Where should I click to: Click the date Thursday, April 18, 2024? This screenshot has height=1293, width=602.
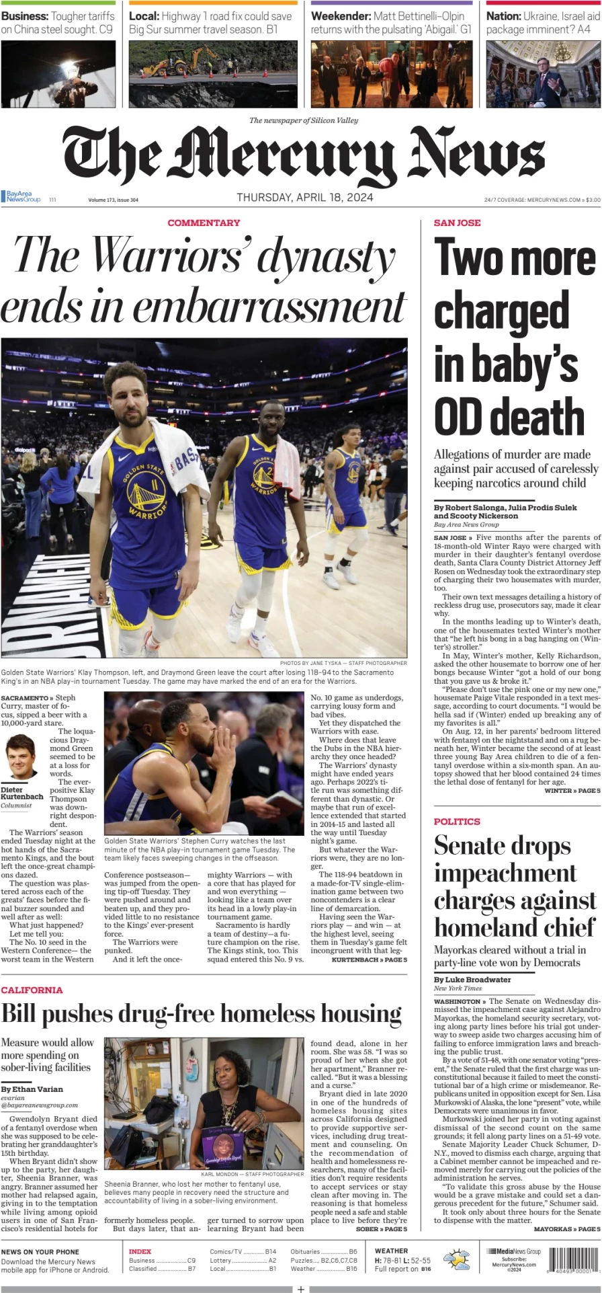pos(304,198)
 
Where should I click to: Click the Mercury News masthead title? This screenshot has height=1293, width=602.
pos(304,156)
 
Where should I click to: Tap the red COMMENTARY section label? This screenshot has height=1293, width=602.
pos(204,223)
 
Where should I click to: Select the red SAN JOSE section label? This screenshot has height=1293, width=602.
pos(457,223)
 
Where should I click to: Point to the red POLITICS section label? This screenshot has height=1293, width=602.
pos(457,821)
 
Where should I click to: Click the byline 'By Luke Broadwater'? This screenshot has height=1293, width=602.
pos(472,980)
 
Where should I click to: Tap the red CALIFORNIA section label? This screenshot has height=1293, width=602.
pos(32,990)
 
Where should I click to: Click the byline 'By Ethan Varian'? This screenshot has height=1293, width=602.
pos(32,1089)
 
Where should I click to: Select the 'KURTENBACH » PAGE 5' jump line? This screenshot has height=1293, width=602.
pos(369,959)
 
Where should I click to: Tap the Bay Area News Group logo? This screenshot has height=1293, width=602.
pos(21,197)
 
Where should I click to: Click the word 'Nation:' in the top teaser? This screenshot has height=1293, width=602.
pos(503,15)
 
